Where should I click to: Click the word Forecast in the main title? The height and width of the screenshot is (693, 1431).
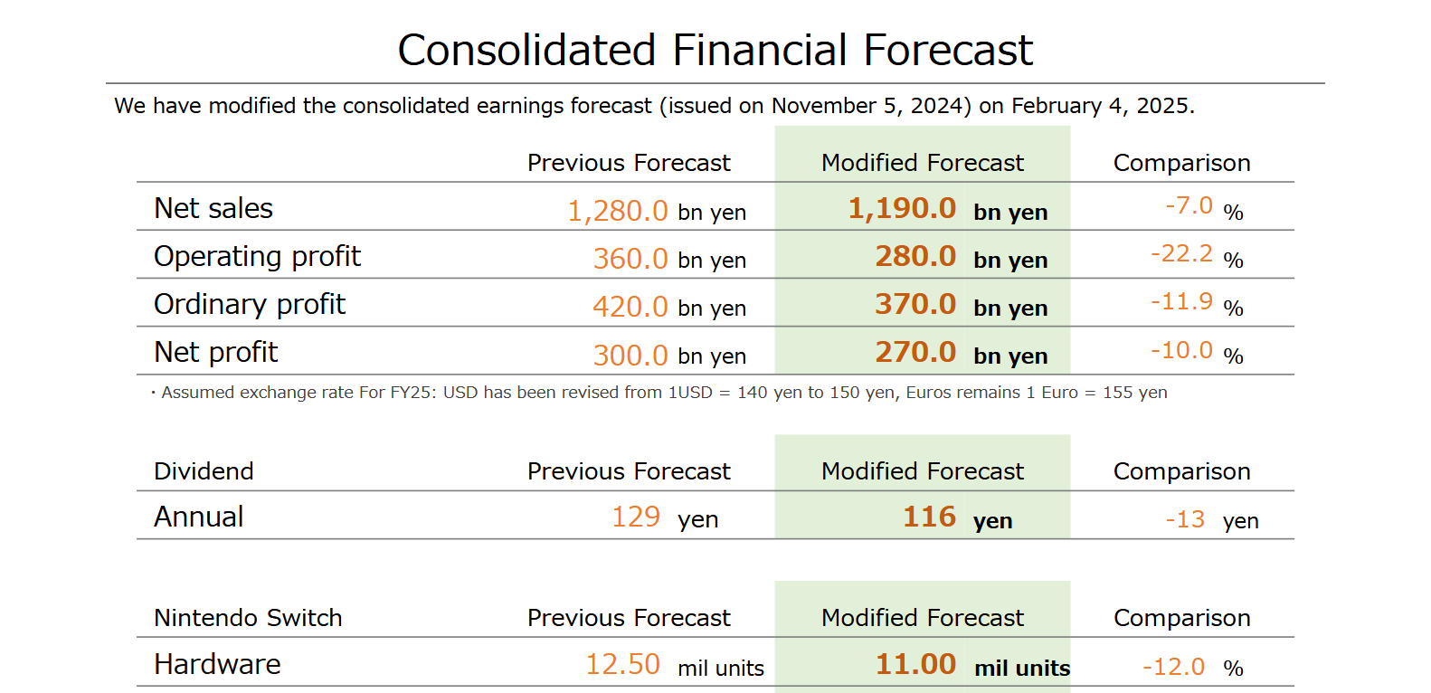948,50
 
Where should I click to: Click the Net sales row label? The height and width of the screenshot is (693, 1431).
213,208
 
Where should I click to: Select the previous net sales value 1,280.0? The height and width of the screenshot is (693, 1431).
618,211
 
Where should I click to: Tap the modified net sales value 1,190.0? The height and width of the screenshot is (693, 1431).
902,208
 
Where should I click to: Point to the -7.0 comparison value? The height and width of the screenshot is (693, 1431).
1189,205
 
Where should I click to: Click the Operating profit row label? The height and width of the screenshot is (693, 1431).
258,257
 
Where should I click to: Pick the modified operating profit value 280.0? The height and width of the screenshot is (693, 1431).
915,256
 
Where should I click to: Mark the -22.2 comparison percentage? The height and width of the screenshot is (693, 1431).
1182,253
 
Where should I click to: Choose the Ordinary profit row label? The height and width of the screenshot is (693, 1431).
250,305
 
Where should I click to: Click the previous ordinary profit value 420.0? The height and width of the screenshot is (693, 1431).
630,307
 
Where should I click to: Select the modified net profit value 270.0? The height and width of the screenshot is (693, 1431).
915,352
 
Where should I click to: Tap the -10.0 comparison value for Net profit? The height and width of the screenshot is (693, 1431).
1182,350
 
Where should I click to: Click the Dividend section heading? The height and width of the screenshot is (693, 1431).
204,471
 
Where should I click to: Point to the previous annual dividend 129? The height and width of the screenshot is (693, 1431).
636,517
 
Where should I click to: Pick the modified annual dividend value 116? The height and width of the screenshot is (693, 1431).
930,517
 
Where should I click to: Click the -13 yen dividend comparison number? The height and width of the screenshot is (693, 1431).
1186,519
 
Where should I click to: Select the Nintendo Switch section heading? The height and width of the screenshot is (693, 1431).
248,618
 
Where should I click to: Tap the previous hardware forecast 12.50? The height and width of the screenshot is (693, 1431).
623,664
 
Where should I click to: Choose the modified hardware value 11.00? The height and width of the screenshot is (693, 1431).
916,664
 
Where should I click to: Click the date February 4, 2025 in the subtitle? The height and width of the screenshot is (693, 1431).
1103,106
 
